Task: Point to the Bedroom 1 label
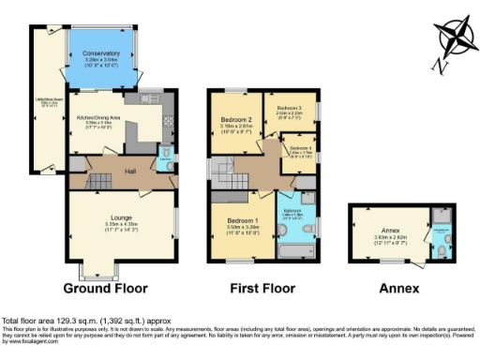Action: point(243,217)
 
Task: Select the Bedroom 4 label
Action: point(300,148)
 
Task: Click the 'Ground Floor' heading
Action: point(110,288)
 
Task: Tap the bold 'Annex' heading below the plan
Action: point(398,288)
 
